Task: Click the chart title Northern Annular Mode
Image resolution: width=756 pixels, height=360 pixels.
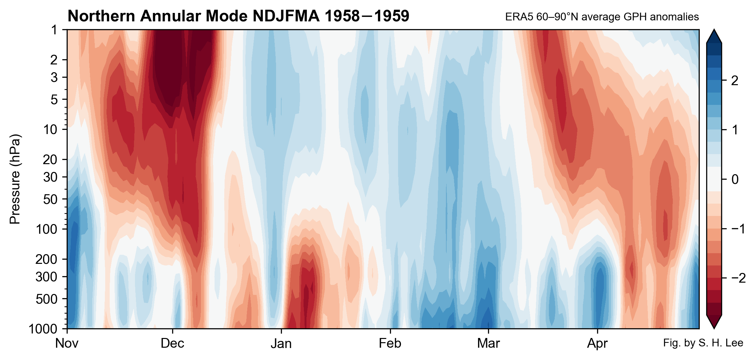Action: point(238,16)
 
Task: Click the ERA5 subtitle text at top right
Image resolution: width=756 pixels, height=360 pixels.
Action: point(602,17)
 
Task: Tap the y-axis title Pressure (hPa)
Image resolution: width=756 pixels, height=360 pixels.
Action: point(15,179)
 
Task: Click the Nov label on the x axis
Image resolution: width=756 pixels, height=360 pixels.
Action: point(67,343)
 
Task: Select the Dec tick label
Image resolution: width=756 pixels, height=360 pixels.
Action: point(172,343)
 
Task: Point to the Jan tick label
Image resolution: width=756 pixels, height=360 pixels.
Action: point(281,343)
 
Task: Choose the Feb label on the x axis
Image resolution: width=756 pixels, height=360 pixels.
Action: point(390,343)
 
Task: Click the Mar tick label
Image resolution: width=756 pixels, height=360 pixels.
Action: point(488,343)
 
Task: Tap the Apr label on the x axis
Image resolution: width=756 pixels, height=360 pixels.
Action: point(597,343)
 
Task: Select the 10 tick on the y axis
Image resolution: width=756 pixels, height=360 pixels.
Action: point(50,129)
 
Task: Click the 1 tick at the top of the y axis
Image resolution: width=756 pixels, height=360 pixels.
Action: point(54,30)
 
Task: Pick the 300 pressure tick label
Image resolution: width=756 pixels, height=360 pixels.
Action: point(46,277)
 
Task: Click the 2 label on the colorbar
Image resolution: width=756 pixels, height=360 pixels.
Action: point(735,80)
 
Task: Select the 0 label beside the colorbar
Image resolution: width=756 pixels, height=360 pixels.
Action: point(735,179)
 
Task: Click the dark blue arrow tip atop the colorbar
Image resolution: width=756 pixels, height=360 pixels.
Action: point(714,36)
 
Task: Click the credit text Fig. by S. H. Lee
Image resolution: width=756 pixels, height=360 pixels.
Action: point(703,343)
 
